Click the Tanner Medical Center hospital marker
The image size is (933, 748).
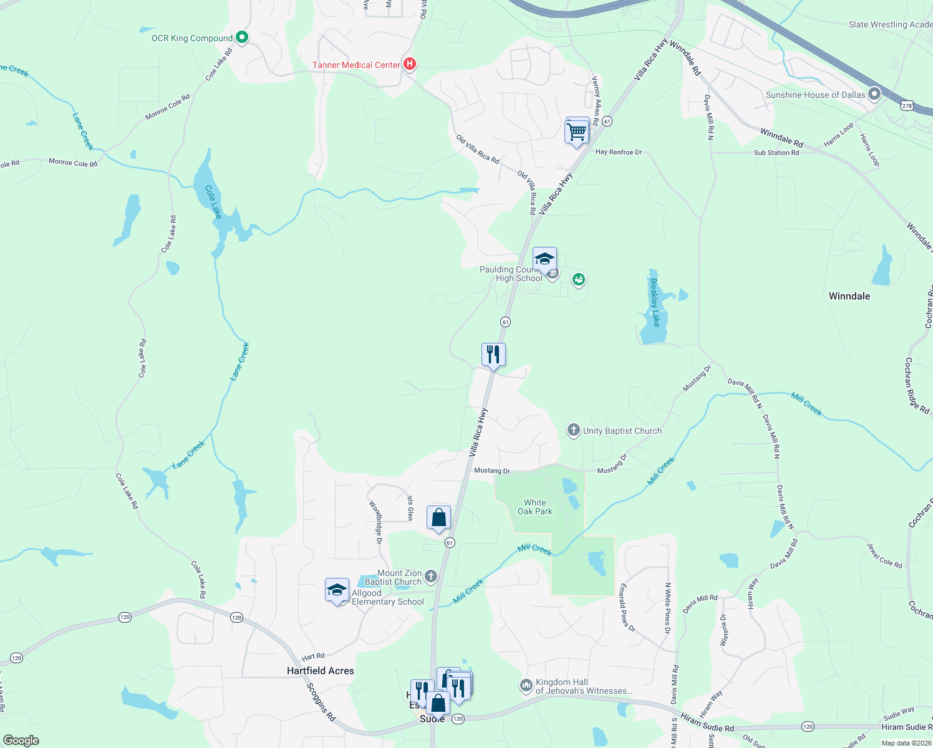coord(410,64)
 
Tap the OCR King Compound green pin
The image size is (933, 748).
coord(243,37)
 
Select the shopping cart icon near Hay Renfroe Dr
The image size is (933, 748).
coord(577,132)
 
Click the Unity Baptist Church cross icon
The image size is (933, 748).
coord(573,430)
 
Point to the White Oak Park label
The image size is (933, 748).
coord(534,507)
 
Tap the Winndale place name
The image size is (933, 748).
coord(849,296)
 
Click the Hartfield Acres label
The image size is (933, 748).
coord(320,671)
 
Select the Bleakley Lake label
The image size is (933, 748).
coord(655,302)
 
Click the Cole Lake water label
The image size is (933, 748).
coord(213,202)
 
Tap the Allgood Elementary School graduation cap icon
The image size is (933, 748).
coord(337,590)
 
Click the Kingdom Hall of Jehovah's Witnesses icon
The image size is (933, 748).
coord(526,686)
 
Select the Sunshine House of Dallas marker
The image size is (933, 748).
coord(874,94)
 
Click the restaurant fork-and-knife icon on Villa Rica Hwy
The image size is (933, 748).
coord(493,355)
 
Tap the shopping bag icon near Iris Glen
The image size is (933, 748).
coord(438,517)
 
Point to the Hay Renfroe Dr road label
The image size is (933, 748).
coord(618,152)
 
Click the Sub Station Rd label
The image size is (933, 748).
coord(776,153)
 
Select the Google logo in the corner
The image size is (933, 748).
coord(21,741)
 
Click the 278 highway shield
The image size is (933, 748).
coord(907,106)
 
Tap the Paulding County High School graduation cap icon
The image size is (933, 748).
coord(544,259)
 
